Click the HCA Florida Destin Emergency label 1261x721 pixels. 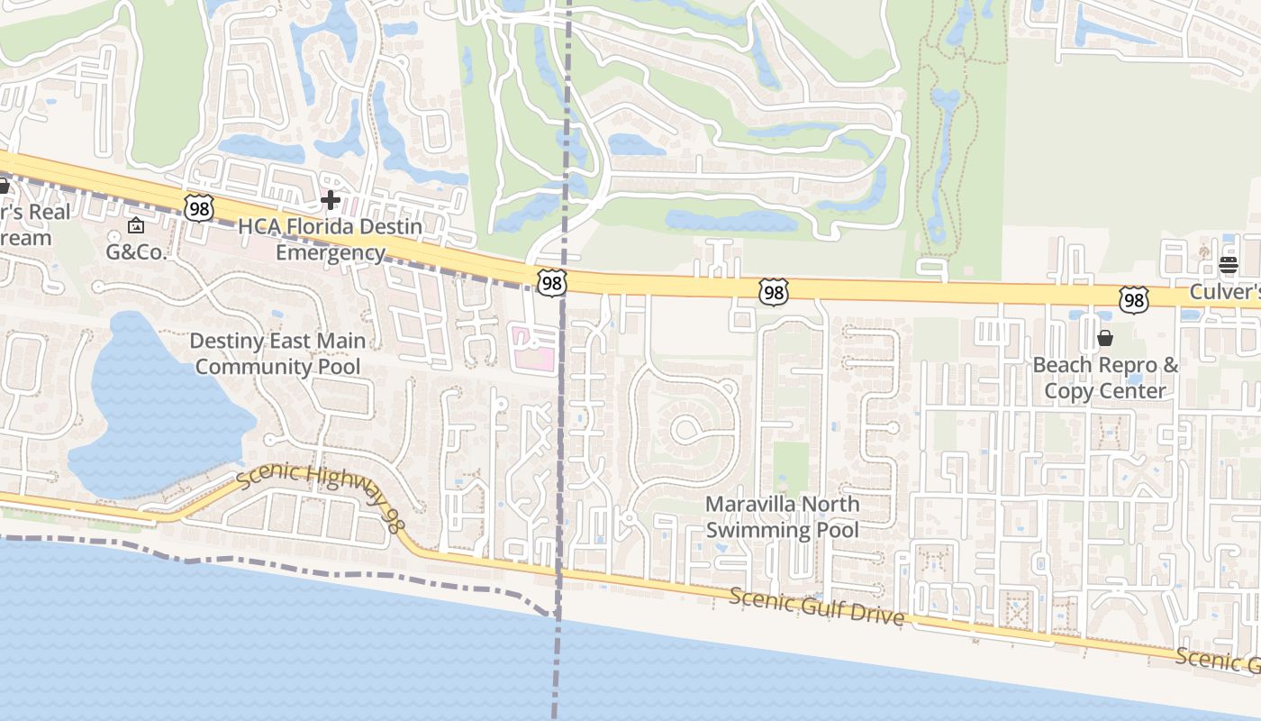click(x=330, y=240)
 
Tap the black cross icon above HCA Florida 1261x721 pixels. click(x=331, y=199)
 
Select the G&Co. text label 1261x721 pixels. click(x=137, y=252)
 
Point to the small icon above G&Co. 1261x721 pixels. click(x=136, y=225)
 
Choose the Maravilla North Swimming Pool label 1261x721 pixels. click(x=782, y=517)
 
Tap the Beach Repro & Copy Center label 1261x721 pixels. click(x=1105, y=378)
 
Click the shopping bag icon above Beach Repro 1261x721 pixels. click(x=1105, y=339)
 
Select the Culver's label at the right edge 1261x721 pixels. click(x=1225, y=292)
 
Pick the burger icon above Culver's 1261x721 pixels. click(x=1228, y=265)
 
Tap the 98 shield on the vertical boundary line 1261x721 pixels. click(x=551, y=283)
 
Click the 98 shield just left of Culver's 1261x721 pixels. click(x=1134, y=300)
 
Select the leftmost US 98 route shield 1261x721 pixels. click(x=198, y=208)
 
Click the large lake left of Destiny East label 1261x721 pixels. click(x=153, y=406)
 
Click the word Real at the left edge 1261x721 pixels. click(x=50, y=213)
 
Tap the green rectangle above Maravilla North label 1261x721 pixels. click(x=791, y=467)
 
